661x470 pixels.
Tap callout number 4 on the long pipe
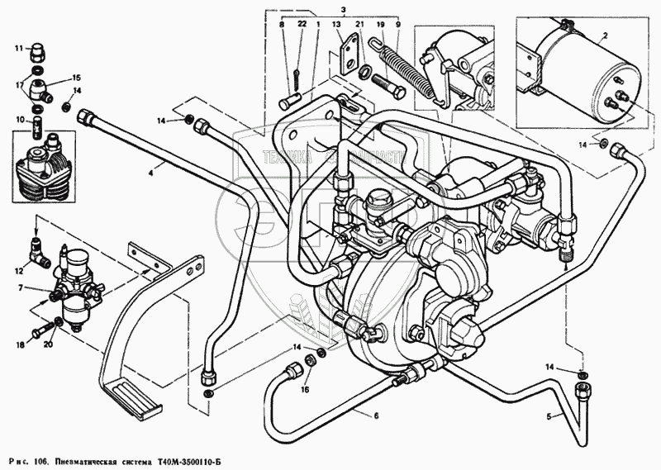(x=150, y=173)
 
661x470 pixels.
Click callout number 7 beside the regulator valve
(x=26, y=288)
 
